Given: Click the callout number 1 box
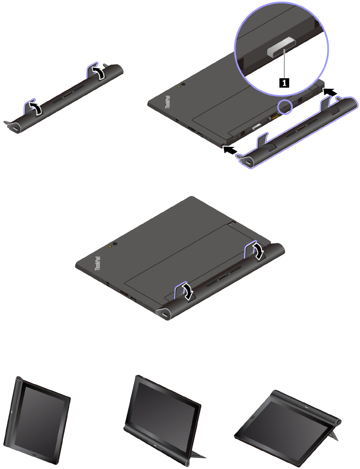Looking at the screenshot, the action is pos(284,82).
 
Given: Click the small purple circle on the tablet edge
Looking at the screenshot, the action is pos(285,107).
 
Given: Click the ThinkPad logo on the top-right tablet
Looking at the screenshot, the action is pos(168,102).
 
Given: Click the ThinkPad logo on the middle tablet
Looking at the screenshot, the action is pos(97,263).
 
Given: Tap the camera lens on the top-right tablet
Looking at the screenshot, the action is pos(183,84).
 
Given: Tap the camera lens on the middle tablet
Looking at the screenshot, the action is pos(115,244).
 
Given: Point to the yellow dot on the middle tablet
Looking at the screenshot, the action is pos(111,246).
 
